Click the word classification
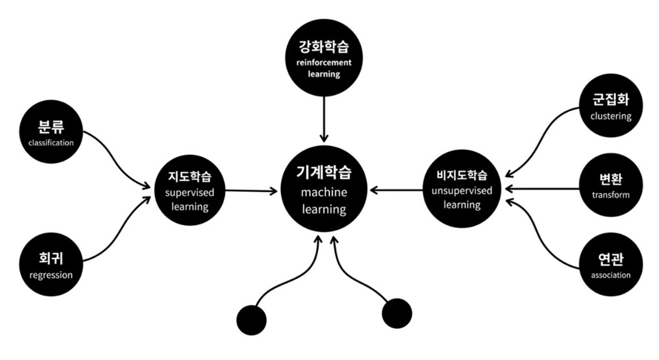coord(51,143)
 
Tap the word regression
coord(51,275)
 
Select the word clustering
coord(610,117)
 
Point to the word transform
coord(610,195)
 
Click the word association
coord(610,274)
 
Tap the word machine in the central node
coord(324,193)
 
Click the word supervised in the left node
coord(189,193)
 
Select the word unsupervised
coord(462,191)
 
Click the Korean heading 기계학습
coord(324,173)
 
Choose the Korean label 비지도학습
coord(462,175)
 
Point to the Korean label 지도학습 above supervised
coord(189,176)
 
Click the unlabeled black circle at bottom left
coord(252,320)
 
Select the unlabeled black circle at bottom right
coord(397,313)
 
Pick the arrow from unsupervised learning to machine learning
coord(396,191)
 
